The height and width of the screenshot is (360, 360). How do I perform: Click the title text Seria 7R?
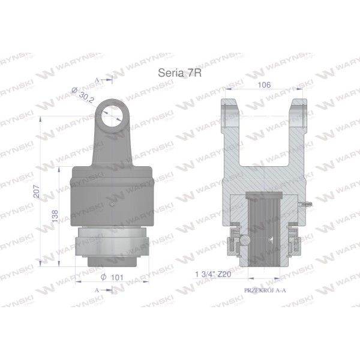pyautogui.click(x=180, y=73)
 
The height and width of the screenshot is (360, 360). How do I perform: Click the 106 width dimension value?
pyautogui.click(x=264, y=85)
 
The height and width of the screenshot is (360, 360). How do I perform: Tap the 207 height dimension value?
pyautogui.click(x=37, y=191)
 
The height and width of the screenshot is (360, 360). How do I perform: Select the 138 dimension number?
pyautogui.click(x=55, y=215)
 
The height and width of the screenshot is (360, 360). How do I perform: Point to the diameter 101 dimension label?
pyautogui.click(x=112, y=277)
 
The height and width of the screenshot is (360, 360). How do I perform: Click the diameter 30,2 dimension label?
pyautogui.click(x=83, y=95)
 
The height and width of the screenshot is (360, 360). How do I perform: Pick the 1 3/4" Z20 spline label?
pyautogui.click(x=213, y=274)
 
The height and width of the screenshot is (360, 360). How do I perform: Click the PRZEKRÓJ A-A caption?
pyautogui.click(x=265, y=290)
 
